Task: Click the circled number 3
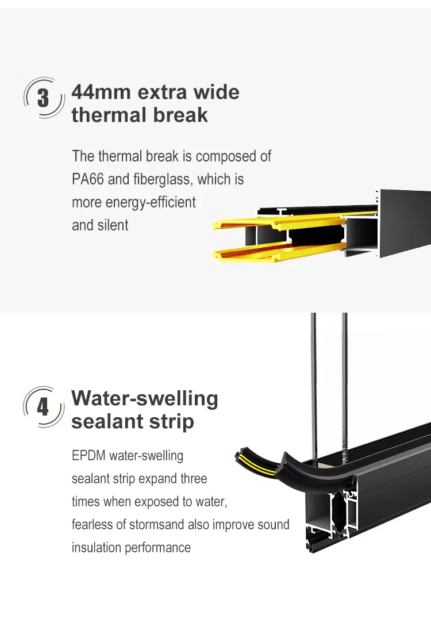[x=43, y=98]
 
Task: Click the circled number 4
[x=43, y=407]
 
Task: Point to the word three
[x=194, y=478]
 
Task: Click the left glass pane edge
[x=313, y=386]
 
